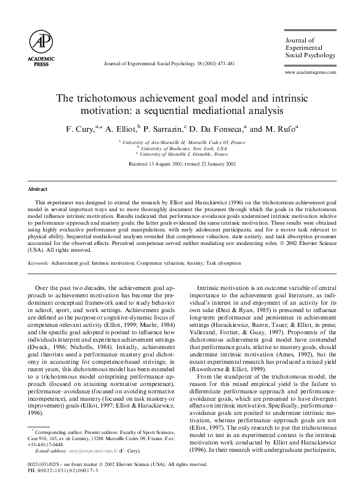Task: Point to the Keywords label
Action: (x=39, y=263)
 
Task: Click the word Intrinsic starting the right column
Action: (x=209, y=287)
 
